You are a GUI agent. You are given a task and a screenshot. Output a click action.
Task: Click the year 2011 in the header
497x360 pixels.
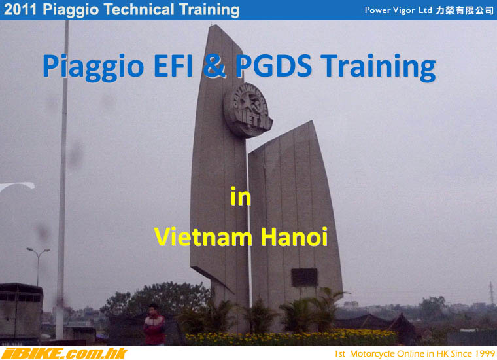(20, 10)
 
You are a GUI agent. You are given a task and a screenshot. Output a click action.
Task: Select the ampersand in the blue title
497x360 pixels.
(214, 65)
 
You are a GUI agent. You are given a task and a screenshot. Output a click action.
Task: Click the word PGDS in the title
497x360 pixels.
(273, 65)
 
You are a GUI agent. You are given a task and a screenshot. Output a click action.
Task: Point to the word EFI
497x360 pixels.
(173, 65)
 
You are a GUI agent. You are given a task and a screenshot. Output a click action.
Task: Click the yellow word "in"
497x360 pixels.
(241, 196)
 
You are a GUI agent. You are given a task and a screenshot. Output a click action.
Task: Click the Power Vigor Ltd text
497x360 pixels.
(398, 10)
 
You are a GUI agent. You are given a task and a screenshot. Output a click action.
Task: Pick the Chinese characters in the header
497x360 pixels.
(465, 10)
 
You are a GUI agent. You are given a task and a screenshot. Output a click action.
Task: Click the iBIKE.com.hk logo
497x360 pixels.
(64, 353)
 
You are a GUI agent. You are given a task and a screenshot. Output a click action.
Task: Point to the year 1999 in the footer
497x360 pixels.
(485, 353)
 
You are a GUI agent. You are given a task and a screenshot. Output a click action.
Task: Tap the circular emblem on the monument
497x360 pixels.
(248, 111)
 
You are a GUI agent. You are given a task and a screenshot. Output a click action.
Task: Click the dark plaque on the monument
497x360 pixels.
(304, 278)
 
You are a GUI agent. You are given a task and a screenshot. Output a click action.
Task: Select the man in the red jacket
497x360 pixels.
(154, 325)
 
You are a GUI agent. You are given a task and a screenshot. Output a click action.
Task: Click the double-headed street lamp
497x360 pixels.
(38, 266)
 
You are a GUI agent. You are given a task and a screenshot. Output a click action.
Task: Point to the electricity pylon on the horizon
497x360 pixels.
(491, 293)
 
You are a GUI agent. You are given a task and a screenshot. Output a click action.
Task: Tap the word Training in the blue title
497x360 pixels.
(378, 67)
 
